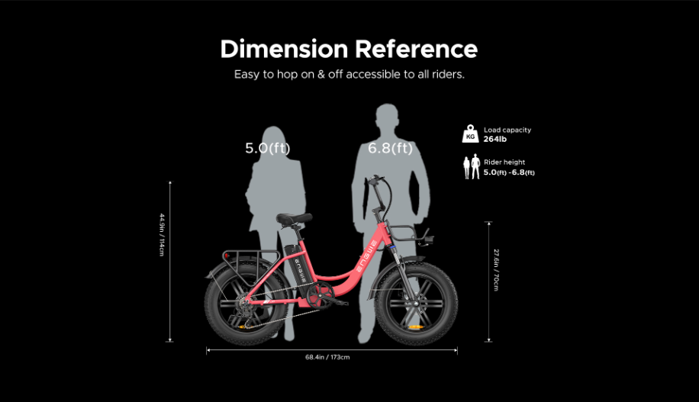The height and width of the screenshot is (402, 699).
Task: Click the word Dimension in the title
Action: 284,49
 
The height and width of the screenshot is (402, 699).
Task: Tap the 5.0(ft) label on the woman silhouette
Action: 268,148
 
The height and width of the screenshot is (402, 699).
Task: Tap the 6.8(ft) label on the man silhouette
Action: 390,148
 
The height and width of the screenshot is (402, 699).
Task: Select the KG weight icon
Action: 470,134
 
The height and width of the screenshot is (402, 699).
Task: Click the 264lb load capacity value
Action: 494,139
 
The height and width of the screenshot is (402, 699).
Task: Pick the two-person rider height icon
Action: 471,167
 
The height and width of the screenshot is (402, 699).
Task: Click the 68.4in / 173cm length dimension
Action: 327,357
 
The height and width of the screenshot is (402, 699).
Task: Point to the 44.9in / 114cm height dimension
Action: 162,235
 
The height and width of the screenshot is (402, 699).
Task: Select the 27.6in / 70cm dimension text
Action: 496,270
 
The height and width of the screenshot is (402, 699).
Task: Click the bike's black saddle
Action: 294,218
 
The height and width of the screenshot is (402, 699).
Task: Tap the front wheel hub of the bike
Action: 415,304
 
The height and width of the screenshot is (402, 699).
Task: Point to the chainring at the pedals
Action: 320,295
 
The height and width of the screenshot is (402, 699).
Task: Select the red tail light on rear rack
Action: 227,256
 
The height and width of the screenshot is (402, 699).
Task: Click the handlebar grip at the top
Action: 375,178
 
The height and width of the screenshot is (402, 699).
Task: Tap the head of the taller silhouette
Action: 386,117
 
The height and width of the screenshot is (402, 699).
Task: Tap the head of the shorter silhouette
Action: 273,139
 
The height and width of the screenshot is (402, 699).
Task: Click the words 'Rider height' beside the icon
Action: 504,162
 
